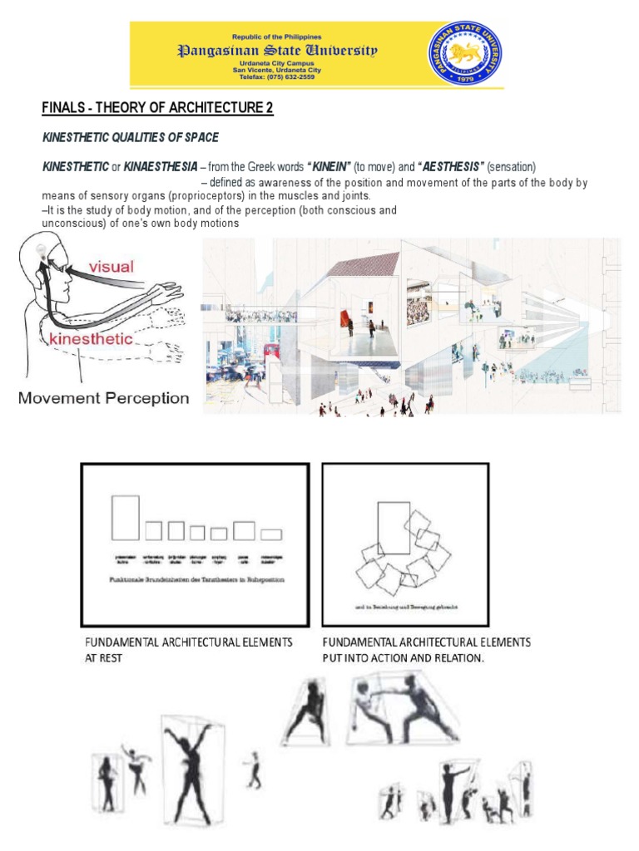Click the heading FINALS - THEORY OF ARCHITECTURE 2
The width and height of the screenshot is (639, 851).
[157, 109]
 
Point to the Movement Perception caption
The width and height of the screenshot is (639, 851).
[104, 398]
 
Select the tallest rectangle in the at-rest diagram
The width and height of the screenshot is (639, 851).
[126, 518]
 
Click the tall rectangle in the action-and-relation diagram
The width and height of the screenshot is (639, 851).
[394, 528]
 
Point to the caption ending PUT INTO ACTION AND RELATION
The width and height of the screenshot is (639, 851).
[426, 650]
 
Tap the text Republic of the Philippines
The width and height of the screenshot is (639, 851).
[279, 38]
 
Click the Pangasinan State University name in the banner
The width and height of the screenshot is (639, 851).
[279, 52]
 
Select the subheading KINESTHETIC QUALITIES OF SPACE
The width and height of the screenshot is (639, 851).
[131, 137]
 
